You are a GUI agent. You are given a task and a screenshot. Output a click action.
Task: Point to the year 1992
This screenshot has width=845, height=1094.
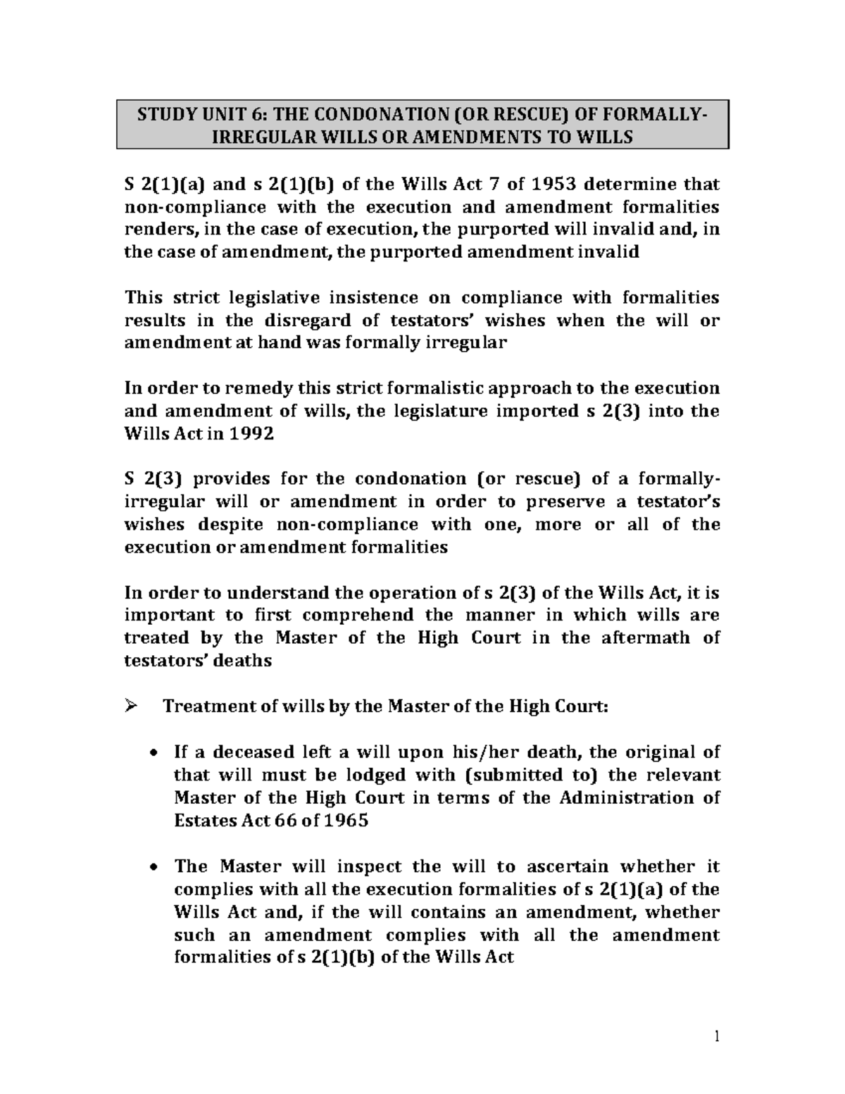pos(251,435)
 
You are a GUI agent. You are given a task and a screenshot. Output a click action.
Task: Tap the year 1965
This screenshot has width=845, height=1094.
pos(346,821)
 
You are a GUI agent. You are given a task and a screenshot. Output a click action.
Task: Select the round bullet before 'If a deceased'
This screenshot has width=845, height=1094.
pos(154,753)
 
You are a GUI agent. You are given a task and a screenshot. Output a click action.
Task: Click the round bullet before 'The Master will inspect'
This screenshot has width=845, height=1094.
pos(154,868)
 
